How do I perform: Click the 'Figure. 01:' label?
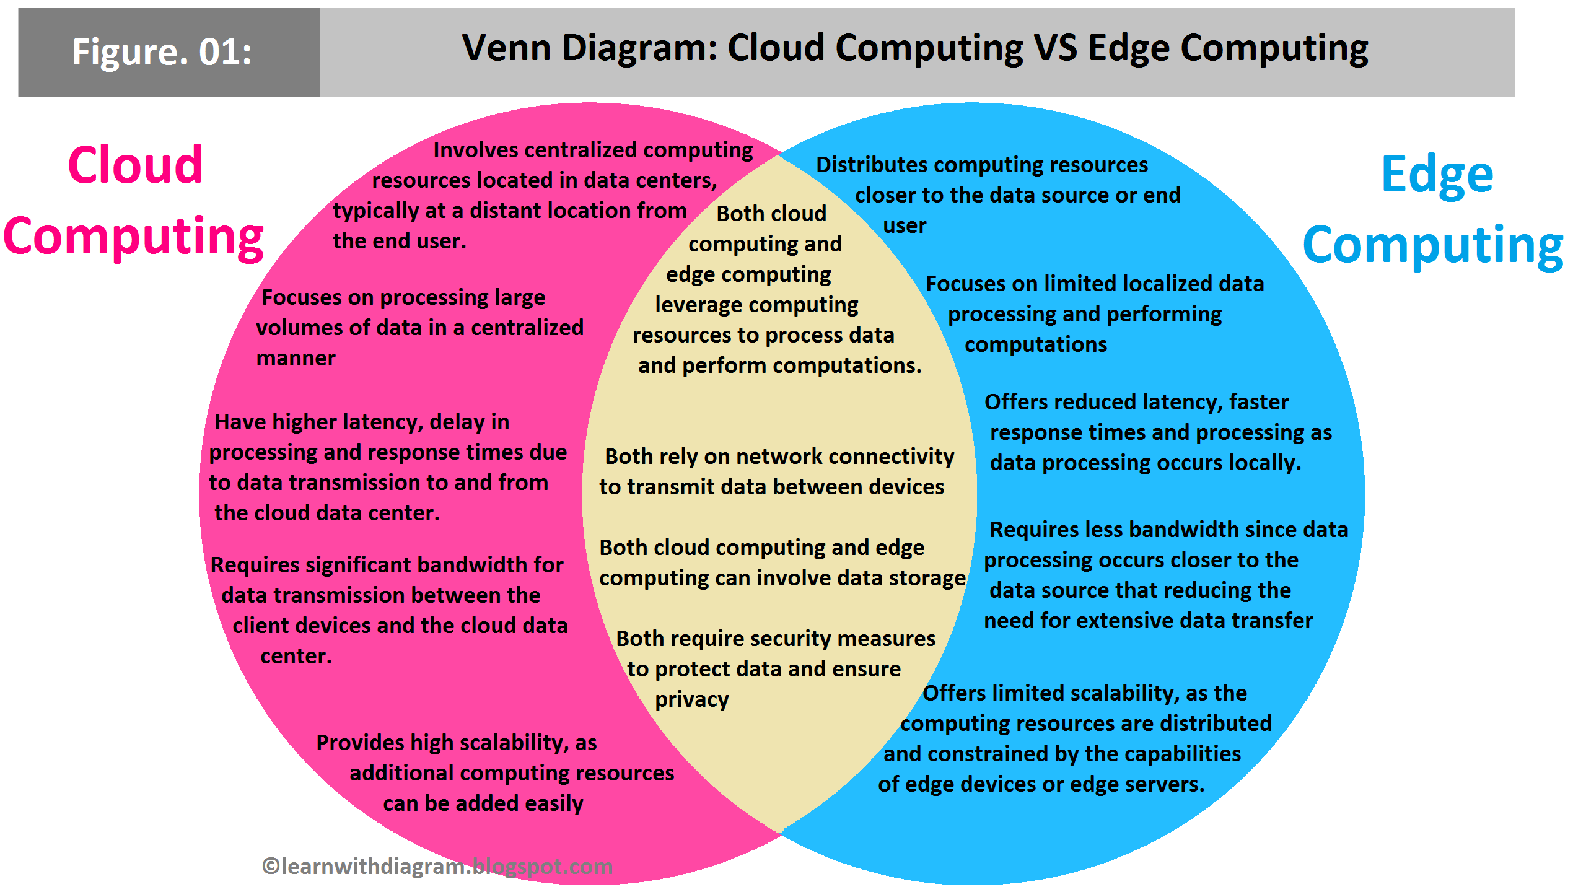(162, 51)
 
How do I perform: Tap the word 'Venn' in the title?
(506, 48)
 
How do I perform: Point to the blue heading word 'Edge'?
(1437, 175)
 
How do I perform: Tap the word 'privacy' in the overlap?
(691, 700)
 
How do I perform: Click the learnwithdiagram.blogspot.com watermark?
(437, 866)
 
